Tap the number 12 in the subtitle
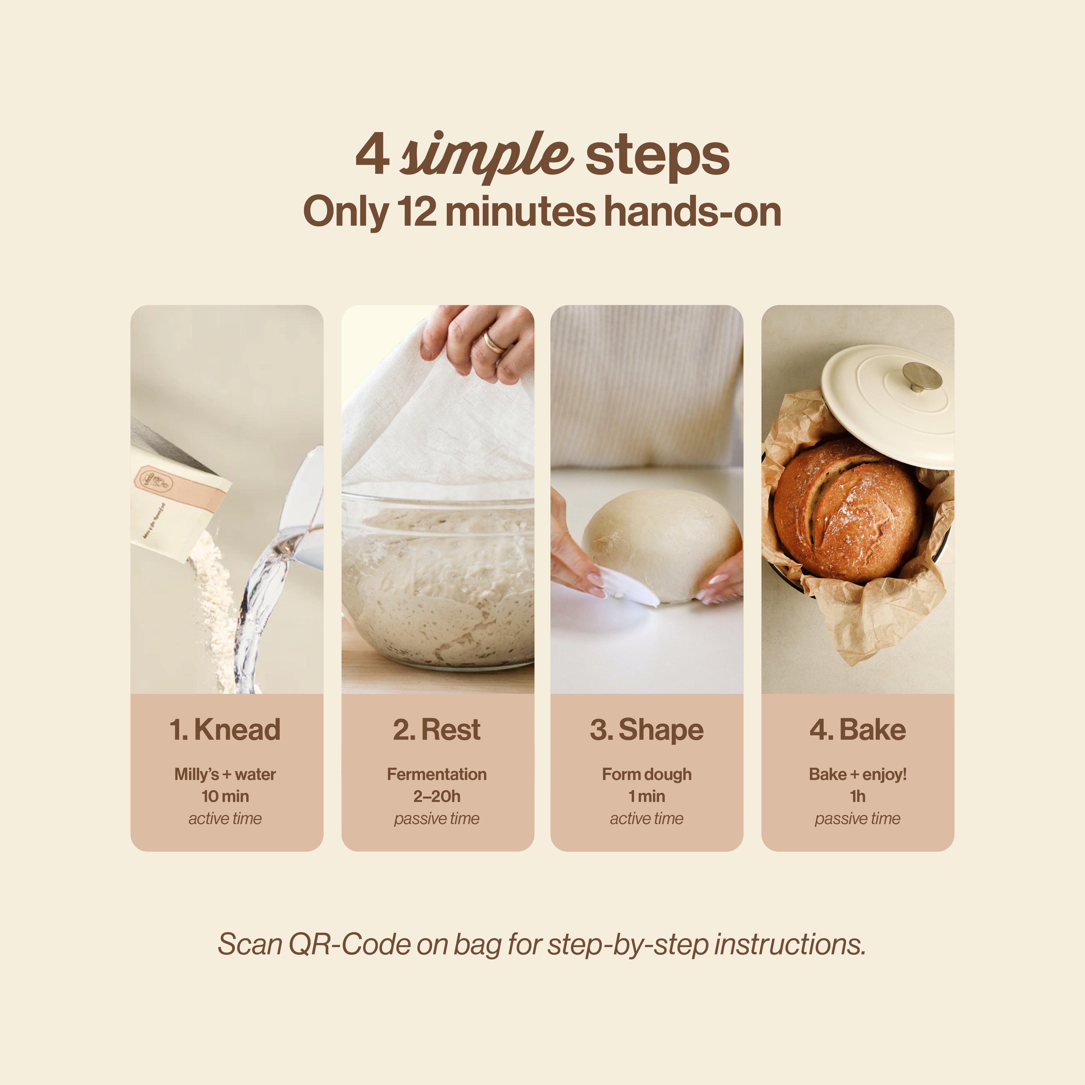[416, 212]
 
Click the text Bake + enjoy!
[858, 774]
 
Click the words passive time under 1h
[858, 819]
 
